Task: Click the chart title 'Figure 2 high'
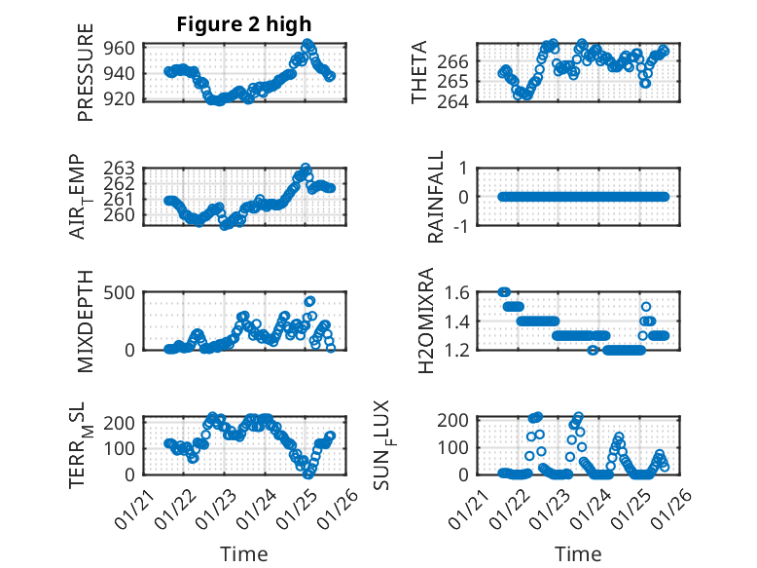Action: click(x=243, y=24)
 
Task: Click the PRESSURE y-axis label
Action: click(x=86, y=80)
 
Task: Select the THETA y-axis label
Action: click(x=419, y=73)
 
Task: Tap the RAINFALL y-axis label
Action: click(x=437, y=196)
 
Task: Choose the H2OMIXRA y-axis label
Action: click(x=425, y=320)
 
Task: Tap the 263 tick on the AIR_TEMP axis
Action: click(x=125, y=169)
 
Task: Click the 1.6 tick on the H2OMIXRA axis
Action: click(x=457, y=291)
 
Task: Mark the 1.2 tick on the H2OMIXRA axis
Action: click(x=457, y=350)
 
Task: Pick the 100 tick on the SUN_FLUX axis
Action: click(x=457, y=447)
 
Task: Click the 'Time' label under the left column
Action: click(x=243, y=553)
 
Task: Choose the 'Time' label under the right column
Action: click(x=578, y=553)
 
